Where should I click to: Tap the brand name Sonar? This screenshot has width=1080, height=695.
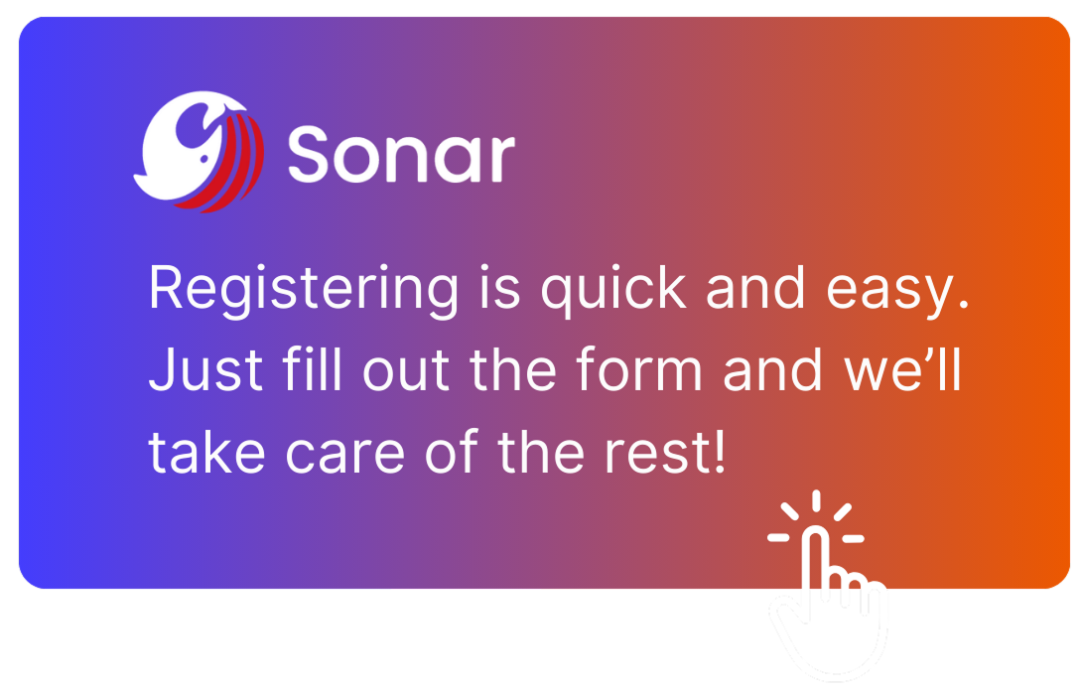[x=401, y=154]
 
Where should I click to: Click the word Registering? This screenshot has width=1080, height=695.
[x=303, y=290]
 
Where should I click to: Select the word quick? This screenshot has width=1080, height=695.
[x=613, y=289]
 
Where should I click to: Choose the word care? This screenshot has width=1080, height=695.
[x=344, y=456]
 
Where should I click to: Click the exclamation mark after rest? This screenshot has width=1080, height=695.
[x=720, y=451]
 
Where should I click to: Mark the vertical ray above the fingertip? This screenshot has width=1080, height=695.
[x=816, y=500]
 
